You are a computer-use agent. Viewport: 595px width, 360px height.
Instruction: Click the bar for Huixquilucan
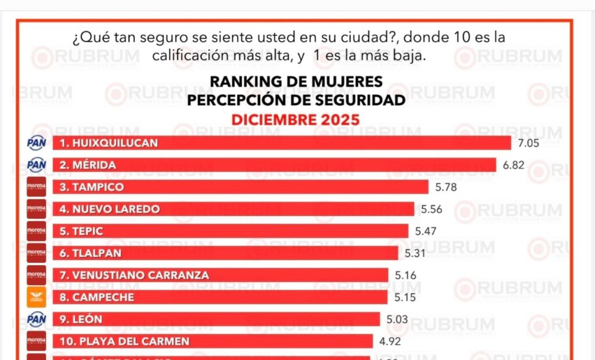(x=282, y=143)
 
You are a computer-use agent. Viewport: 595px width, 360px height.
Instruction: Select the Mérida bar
(x=274, y=165)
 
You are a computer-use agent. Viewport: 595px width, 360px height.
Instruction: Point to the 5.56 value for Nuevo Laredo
(x=432, y=209)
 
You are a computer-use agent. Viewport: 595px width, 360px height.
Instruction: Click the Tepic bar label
(x=81, y=231)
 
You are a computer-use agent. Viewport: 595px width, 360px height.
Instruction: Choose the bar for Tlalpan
(x=225, y=253)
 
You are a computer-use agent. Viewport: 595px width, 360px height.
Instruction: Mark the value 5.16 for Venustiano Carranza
(x=406, y=275)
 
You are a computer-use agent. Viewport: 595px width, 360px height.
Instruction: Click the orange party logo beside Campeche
(x=36, y=297)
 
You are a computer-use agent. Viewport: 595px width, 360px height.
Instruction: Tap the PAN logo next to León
(x=36, y=319)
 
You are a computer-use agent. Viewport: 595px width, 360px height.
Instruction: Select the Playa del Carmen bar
(x=213, y=341)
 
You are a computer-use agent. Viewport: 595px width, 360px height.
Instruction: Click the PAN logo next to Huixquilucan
(x=36, y=143)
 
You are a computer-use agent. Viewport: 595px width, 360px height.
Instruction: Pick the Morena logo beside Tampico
(x=36, y=187)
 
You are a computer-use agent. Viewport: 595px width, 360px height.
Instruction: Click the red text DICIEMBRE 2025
(x=295, y=119)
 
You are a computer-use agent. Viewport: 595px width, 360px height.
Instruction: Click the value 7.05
(x=528, y=143)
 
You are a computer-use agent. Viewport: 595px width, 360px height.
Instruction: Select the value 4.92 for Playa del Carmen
(x=390, y=341)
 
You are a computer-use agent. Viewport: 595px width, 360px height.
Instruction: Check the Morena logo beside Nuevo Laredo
(x=36, y=209)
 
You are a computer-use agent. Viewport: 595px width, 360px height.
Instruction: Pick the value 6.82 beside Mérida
(x=514, y=165)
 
